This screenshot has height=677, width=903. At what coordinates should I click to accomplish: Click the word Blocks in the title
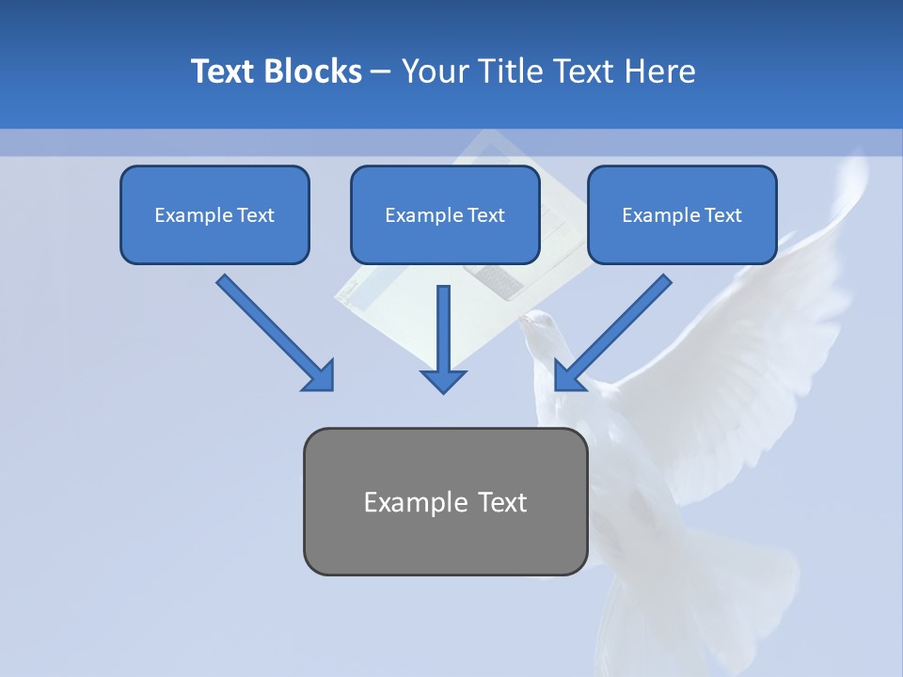pyautogui.click(x=313, y=71)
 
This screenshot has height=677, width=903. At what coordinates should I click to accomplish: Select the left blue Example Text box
pyautogui.click(x=214, y=214)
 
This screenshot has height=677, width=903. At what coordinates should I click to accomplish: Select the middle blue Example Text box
pyautogui.click(x=445, y=214)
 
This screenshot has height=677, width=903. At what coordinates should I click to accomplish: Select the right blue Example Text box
pyautogui.click(x=682, y=214)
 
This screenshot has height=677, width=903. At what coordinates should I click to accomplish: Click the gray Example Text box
pyautogui.click(x=445, y=501)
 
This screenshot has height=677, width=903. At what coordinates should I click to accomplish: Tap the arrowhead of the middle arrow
pyautogui.click(x=443, y=381)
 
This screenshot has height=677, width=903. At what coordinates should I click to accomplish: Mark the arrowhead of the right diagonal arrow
pyautogui.click(x=567, y=375)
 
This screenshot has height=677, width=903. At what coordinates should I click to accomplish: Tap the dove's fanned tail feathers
pyautogui.click(x=696, y=602)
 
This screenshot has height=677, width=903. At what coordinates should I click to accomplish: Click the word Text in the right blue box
pyautogui.click(x=722, y=215)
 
